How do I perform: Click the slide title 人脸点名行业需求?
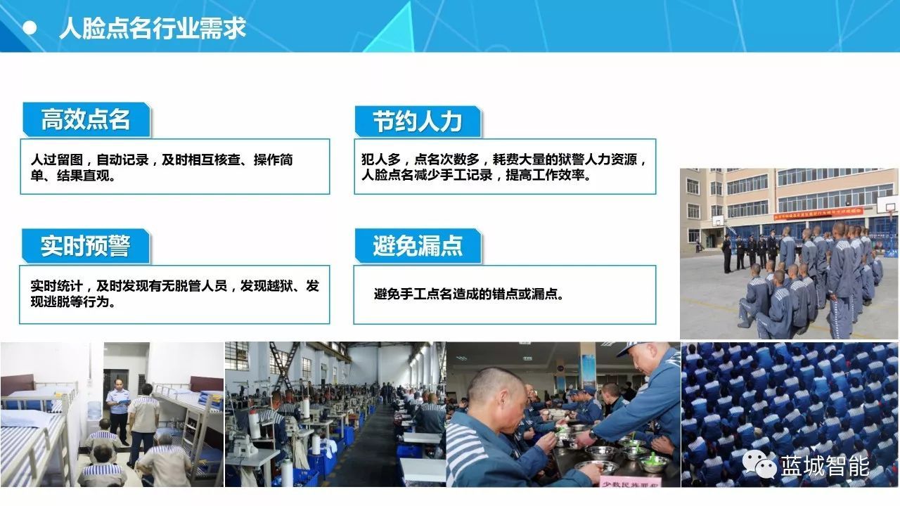[x=153, y=28]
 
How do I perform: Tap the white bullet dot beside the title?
[x=30, y=28]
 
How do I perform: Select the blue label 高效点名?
[x=86, y=119]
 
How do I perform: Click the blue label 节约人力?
[x=418, y=122]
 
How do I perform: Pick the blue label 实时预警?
[x=86, y=246]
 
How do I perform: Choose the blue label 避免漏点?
[x=418, y=246]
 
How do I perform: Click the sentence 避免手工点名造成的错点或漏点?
[x=468, y=294]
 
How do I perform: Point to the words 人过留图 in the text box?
[x=57, y=160]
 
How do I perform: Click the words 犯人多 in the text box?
[x=381, y=160]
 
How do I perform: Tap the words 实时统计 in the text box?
[x=57, y=286]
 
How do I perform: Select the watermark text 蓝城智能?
[x=825, y=466]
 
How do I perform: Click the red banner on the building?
[x=818, y=214]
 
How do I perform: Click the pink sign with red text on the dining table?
[x=630, y=482]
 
